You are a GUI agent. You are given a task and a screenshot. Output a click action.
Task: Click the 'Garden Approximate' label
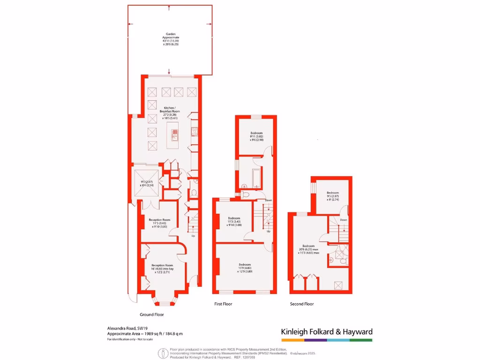(x=171, y=36)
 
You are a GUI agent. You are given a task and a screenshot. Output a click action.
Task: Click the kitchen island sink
(x=174, y=137)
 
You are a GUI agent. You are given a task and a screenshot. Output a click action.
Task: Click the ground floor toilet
(x=194, y=193)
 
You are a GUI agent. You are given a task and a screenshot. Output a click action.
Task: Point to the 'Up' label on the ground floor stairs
(x=193, y=236)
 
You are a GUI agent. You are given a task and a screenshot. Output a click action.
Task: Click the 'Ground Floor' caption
(x=152, y=315)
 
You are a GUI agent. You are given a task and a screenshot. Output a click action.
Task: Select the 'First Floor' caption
(x=223, y=304)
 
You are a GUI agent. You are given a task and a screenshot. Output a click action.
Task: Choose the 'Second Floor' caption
(x=302, y=304)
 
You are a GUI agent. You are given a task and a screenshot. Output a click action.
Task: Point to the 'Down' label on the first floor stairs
(x=268, y=201)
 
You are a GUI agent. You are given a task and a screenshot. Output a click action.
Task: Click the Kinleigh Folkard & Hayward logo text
(x=327, y=332)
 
